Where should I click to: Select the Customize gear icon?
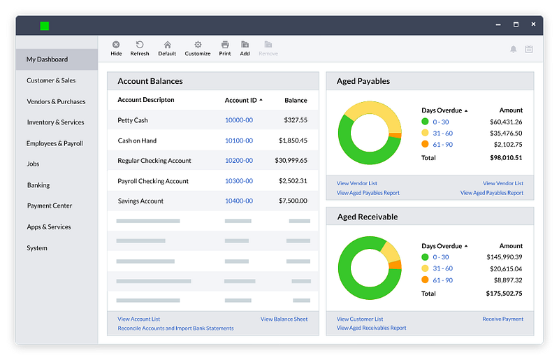pos(198,45)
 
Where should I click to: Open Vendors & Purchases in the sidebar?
pos(56,101)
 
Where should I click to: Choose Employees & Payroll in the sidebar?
pos(55,143)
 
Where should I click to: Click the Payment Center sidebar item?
pos(50,206)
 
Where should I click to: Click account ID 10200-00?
pos(239,161)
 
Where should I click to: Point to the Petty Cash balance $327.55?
pos(296,120)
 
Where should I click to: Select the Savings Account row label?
pos(140,201)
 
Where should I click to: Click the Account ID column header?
pos(240,101)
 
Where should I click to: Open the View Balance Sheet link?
pos(284,319)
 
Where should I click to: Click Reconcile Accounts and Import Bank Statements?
pos(175,329)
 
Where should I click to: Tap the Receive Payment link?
pos(502,319)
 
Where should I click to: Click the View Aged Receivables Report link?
pos(371,329)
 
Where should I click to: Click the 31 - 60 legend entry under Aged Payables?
pos(442,133)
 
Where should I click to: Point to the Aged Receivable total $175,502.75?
pos(504,294)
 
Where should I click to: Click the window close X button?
pos(533,24)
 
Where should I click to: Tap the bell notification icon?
pos(514,49)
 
